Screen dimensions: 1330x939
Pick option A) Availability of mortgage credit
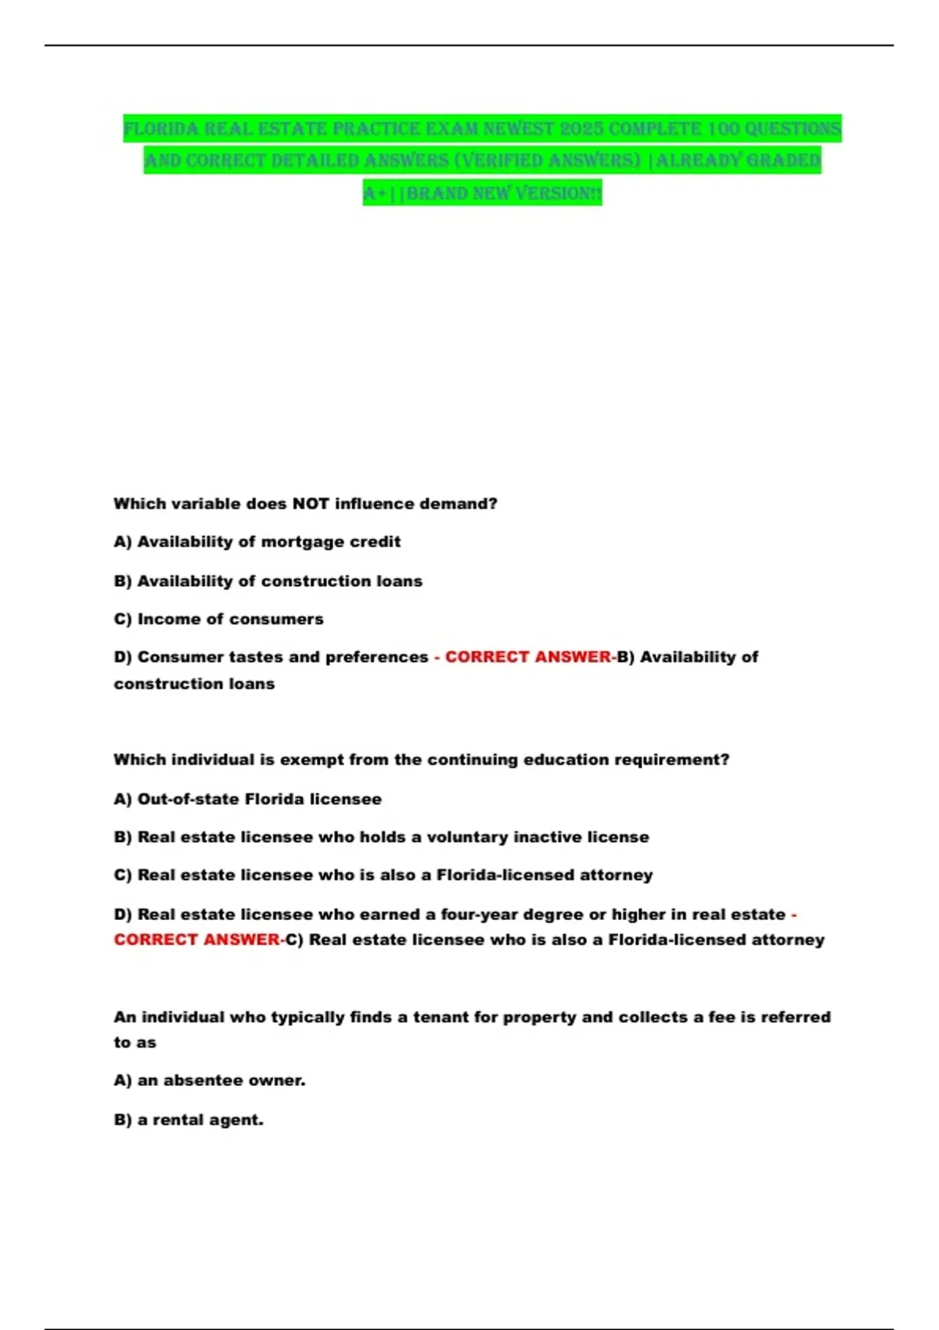257,541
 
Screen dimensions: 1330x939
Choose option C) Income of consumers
218,619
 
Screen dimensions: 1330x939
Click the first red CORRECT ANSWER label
528,657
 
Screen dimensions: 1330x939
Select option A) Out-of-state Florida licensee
247,799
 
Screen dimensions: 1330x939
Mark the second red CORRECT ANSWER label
196,940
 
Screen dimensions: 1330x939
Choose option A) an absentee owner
209,1080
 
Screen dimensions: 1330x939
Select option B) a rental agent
189,1120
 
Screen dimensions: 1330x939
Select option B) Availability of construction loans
268,581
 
